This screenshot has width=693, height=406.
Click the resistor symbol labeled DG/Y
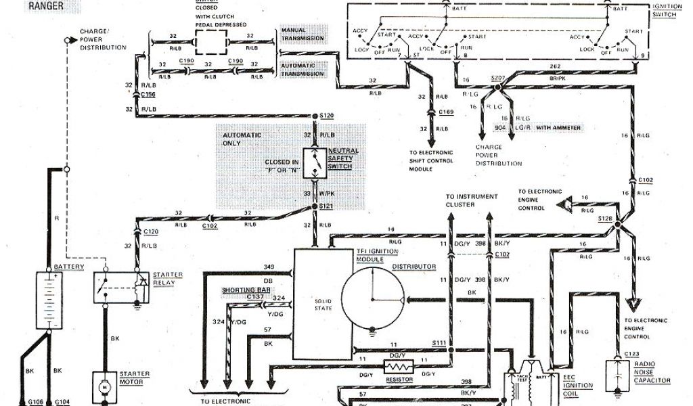pos(396,367)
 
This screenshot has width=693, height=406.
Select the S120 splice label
pos(328,116)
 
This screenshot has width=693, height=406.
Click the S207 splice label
pos(499,78)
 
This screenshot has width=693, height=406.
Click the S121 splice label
pos(328,206)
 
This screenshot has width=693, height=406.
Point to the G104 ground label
pos(61,401)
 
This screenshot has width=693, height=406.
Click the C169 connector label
pos(445,111)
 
